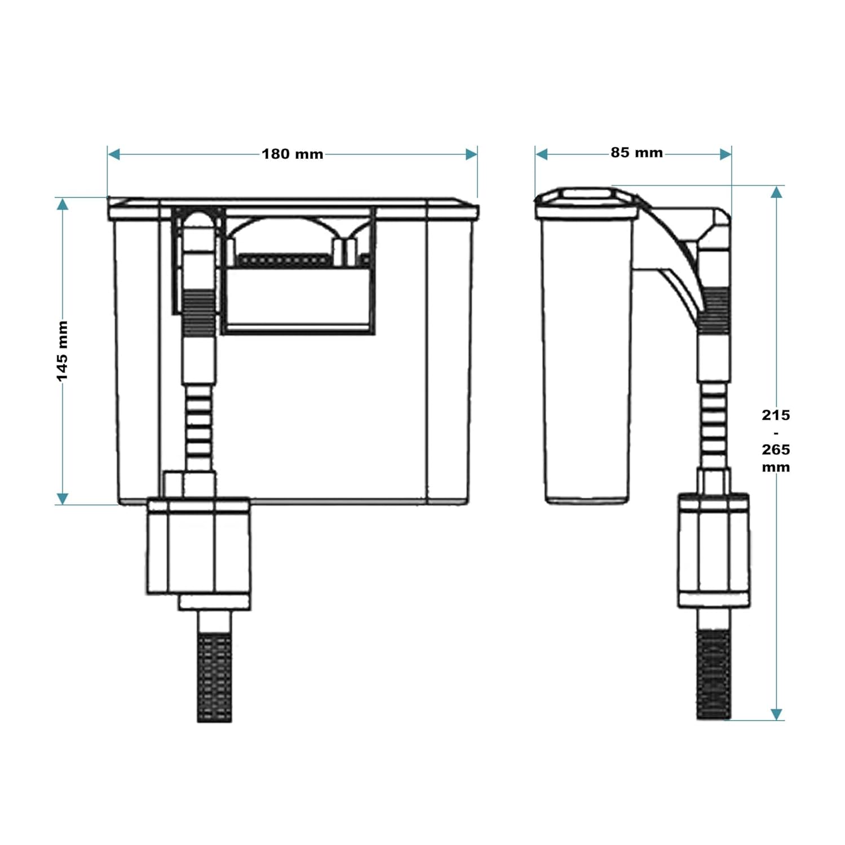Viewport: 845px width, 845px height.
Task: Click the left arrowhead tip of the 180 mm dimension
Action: [108, 154]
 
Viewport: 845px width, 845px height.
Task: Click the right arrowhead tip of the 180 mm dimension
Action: [477, 154]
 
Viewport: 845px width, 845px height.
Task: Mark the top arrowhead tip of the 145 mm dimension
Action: [63, 198]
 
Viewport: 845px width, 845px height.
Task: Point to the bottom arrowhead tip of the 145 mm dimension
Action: [63, 504]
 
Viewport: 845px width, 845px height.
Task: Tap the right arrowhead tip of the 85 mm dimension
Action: [731, 154]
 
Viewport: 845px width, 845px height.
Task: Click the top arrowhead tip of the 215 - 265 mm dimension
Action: [776, 186]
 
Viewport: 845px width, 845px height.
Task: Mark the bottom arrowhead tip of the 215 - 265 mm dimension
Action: [776, 720]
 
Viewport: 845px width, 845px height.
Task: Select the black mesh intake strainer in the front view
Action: [215, 678]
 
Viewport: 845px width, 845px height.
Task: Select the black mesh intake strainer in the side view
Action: [714, 674]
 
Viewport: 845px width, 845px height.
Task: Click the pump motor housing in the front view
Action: [198, 546]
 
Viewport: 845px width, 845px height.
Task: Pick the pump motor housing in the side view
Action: [714, 550]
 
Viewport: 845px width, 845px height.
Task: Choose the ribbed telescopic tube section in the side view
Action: [714, 425]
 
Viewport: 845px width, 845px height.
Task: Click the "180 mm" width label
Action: [293, 154]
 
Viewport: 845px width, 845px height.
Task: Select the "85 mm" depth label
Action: [636, 153]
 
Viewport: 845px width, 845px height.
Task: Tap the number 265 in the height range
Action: [776, 450]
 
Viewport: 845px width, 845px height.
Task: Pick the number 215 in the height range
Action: [776, 415]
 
